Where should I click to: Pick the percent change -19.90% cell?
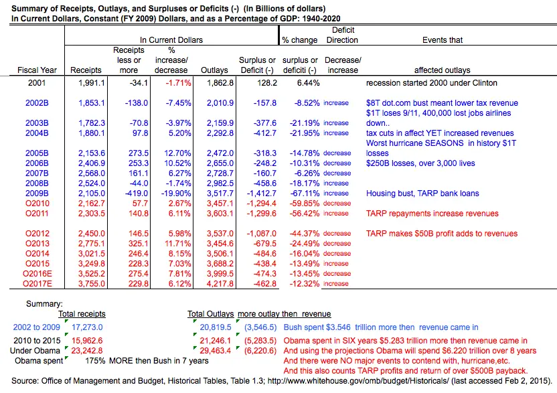[177, 193]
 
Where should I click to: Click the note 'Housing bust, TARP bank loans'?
[422, 193]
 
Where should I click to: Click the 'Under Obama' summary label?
[37, 350]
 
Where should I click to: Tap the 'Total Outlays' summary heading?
[210, 314]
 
